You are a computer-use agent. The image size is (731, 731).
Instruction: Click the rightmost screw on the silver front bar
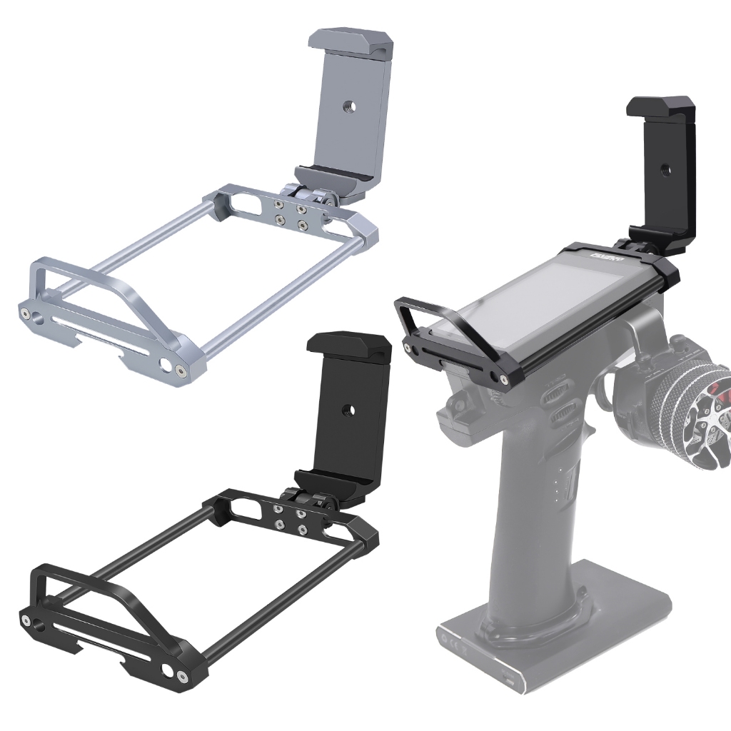pyautogui.click(x=183, y=371)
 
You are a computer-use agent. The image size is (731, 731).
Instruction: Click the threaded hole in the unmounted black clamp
pyautogui.click(x=349, y=410)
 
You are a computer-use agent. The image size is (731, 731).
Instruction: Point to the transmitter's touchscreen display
pyautogui.click(x=543, y=300)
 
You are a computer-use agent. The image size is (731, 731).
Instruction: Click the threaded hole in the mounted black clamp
pyautogui.click(x=665, y=171)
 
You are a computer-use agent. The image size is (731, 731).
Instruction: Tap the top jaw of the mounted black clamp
pyautogui.click(x=660, y=107)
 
